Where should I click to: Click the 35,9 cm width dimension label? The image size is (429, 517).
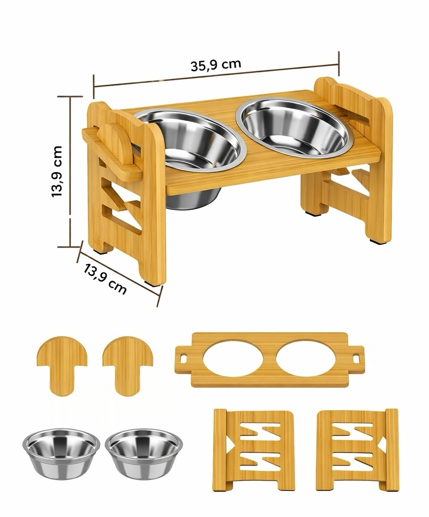tap(216, 65)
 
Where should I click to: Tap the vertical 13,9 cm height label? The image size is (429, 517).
tap(57, 171)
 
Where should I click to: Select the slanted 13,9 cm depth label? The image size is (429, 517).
tap(105, 279)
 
